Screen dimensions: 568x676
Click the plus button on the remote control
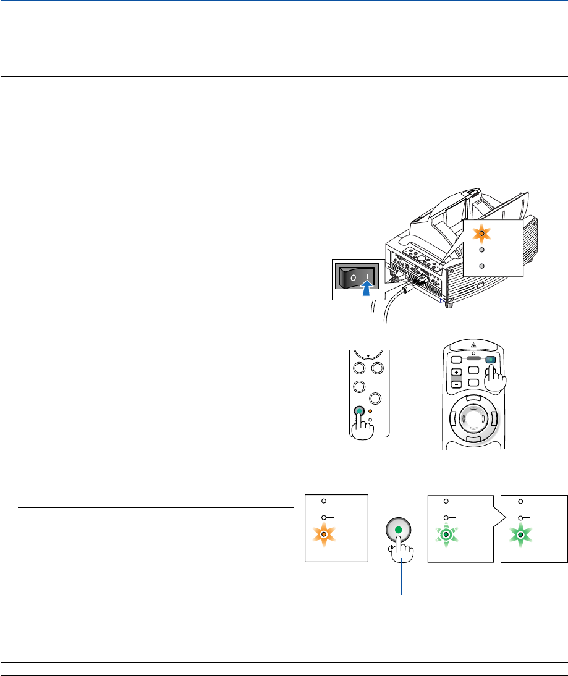[x=456, y=373]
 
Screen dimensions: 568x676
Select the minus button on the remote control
[x=456, y=384]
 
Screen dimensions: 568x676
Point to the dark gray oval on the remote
[x=475, y=357]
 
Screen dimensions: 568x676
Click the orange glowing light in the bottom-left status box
[x=323, y=534]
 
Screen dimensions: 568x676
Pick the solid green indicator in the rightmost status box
[x=521, y=534]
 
